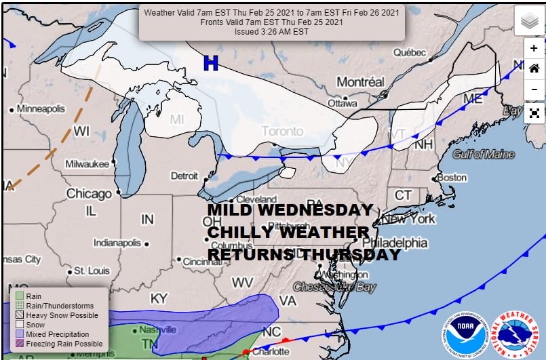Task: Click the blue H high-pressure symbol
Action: point(211,64)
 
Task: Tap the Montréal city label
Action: point(360,81)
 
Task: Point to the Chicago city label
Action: point(88,194)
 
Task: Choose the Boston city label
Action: point(452,178)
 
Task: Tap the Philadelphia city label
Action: point(395,243)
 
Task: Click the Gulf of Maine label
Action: point(484,155)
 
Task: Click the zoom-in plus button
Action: point(534,49)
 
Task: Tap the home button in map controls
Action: point(534,68)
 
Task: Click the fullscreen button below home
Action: point(534,113)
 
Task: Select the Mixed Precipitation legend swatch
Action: point(19,334)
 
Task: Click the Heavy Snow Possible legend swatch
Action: point(19,315)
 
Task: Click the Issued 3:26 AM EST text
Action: point(271,31)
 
